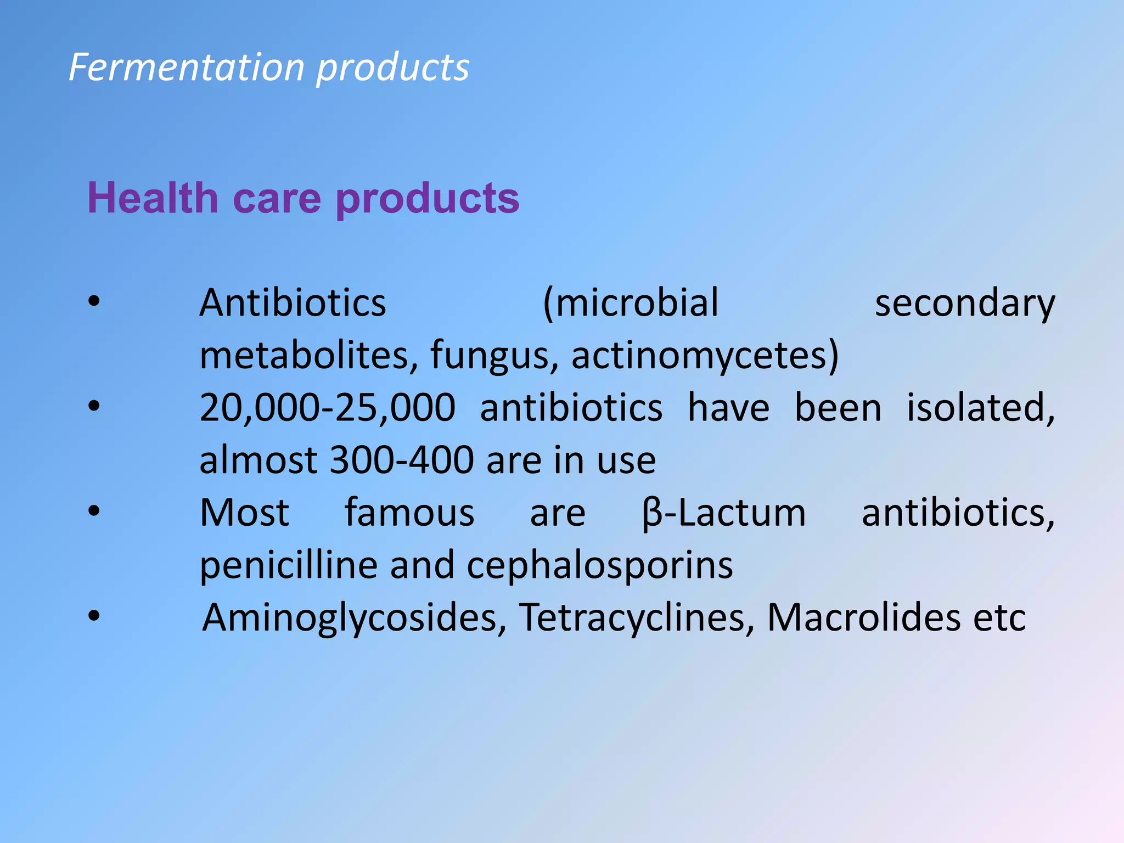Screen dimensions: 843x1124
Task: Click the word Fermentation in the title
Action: [187, 68]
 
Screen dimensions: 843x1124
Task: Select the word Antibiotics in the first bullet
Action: [293, 303]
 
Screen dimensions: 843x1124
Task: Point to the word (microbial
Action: [631, 303]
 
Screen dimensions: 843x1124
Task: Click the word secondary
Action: [964, 303]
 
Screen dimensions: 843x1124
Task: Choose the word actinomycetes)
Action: [705, 355]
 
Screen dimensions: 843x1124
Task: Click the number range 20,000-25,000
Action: [327, 408]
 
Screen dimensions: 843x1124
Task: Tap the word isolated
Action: [980, 408]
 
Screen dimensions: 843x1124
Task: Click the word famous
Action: [409, 513]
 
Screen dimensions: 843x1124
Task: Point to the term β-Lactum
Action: [723, 513]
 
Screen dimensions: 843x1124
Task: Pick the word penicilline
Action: [288, 565]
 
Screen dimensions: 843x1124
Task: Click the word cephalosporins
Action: [599, 565]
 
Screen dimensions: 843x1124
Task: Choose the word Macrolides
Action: [863, 618]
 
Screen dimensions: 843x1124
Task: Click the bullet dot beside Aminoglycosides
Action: [94, 616]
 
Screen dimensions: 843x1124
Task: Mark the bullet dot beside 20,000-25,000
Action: [94, 406]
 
